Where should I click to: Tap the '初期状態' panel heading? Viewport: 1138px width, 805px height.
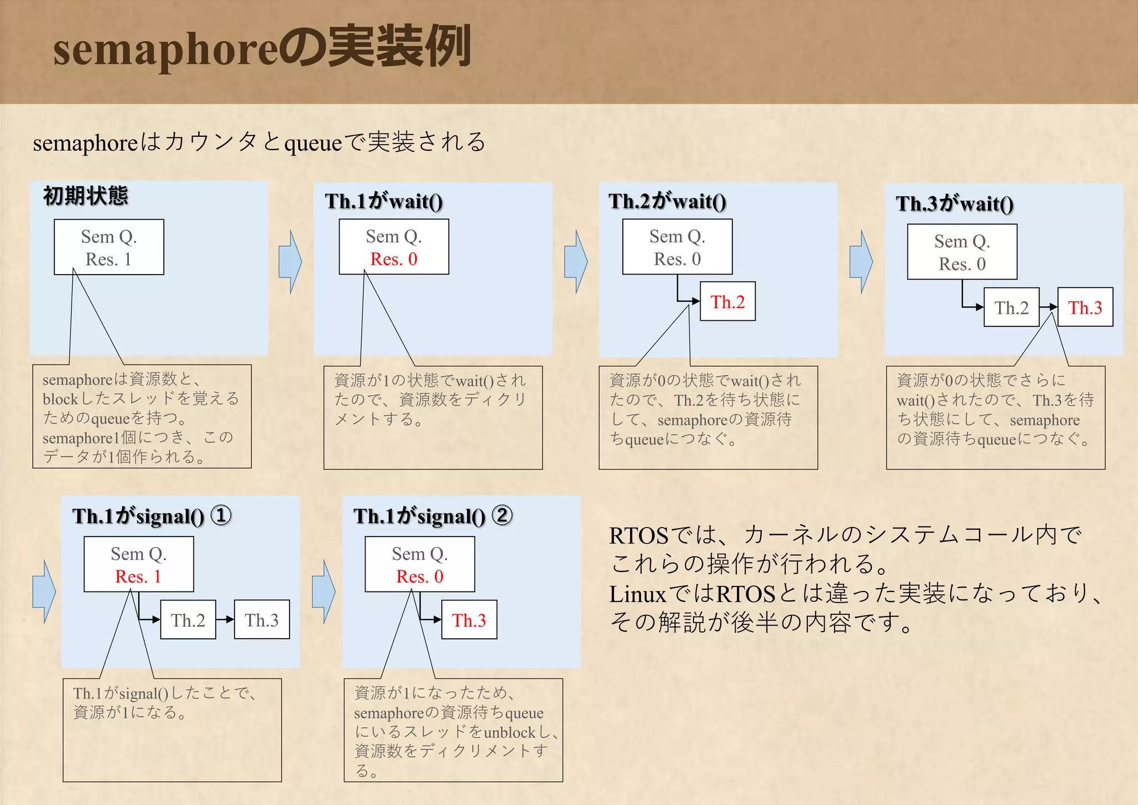86,196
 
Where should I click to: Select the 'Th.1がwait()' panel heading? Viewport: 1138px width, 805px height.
383,201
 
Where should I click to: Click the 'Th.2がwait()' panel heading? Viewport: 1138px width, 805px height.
667,201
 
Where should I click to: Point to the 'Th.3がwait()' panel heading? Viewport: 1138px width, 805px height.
954,204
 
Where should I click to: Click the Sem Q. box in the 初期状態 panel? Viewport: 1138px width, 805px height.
109,247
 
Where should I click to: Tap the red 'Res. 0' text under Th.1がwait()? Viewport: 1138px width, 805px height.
393,259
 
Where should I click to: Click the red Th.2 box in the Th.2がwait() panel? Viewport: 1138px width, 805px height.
727,302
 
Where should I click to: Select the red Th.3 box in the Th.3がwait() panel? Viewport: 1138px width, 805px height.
1085,307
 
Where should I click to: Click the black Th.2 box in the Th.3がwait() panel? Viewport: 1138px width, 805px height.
1011,307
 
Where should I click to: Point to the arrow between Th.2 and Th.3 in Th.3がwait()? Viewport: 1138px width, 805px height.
1049,307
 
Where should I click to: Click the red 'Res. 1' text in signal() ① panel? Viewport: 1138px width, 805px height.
138,577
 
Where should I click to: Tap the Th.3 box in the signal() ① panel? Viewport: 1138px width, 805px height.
262,620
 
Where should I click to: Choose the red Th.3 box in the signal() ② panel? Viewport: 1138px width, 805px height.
469,620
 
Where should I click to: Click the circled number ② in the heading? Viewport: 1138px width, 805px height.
502,515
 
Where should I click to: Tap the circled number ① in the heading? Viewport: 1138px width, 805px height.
221,515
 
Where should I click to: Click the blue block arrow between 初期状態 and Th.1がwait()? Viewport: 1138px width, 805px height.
290,261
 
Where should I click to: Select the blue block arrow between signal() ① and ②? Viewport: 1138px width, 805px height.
323,592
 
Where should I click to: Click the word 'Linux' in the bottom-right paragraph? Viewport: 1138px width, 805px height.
637,594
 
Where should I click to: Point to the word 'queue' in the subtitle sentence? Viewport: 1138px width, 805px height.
313,143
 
